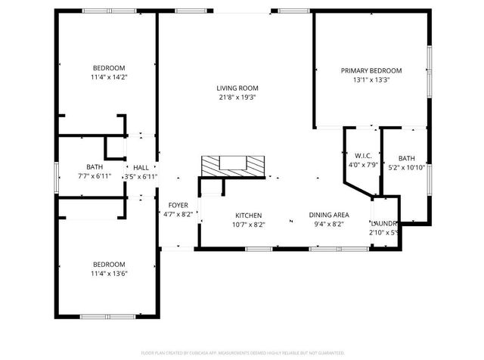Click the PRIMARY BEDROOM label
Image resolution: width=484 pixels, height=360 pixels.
point(371,70)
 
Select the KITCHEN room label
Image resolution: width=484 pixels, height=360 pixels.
point(248,215)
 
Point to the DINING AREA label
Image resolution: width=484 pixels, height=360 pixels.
point(328,215)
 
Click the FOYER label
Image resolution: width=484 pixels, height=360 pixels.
point(178,205)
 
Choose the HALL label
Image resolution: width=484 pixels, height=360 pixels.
point(141,167)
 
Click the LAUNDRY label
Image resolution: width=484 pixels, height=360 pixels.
point(384,224)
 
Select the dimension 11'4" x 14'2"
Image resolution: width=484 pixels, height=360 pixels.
point(109,76)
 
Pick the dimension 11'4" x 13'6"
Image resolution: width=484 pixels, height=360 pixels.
point(109,273)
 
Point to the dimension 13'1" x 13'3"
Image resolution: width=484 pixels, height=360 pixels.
point(371,79)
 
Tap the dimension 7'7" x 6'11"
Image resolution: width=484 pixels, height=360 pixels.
point(95,176)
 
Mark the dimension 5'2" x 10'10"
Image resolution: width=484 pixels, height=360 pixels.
point(407,167)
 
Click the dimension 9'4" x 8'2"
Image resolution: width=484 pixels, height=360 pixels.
point(328,224)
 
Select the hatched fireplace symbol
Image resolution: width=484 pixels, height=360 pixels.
point(233,165)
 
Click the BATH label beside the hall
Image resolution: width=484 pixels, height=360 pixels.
point(95,167)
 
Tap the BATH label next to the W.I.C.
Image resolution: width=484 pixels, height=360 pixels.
point(407,158)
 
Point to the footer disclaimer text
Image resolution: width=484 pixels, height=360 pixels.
point(241,352)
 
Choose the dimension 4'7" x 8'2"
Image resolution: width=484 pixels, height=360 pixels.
point(178,214)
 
